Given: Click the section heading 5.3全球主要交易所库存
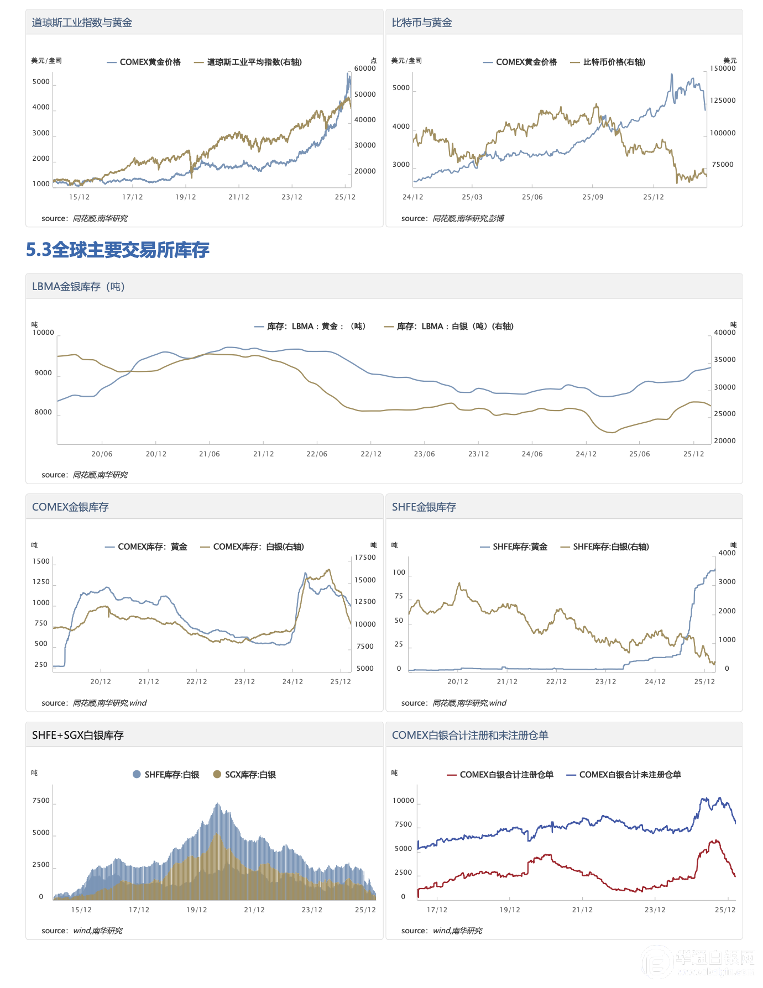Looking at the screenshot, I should click(118, 250).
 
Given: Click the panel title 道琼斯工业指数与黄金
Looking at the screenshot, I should click(82, 23).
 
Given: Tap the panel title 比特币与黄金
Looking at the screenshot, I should click(422, 23).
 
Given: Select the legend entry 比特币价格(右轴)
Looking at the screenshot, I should click(614, 62).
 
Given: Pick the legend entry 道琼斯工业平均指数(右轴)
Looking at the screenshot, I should click(254, 62).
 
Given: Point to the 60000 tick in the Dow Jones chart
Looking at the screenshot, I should click(365, 69).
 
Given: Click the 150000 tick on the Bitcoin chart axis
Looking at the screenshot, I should click(723, 69).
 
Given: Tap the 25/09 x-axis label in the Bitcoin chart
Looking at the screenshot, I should click(593, 197).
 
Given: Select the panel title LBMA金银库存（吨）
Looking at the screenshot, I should click(79, 287).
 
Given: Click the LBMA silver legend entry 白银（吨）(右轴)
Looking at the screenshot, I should click(454, 327).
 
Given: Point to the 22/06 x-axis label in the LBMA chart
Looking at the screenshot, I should click(317, 454).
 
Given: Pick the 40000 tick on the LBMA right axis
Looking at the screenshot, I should click(725, 333).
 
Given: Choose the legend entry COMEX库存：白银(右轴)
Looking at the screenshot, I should click(258, 547).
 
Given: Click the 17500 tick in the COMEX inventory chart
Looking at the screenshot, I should click(365, 558).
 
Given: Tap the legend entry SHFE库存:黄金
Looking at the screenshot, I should click(520, 547).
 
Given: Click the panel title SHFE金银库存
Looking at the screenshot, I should click(424, 507).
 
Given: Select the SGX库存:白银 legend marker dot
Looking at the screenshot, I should click(217, 775).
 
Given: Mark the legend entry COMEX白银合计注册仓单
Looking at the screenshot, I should click(506, 775).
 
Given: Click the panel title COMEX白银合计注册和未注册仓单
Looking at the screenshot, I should click(470, 735).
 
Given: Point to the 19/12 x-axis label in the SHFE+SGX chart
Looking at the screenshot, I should click(197, 910).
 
